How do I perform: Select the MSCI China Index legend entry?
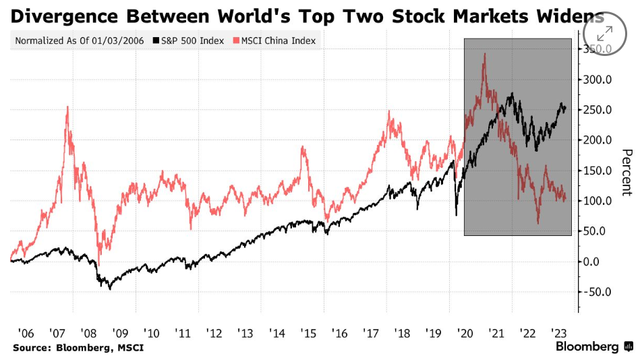[x=275, y=40]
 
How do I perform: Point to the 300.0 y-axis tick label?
[x=597, y=80]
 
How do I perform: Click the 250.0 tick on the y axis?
[x=597, y=110]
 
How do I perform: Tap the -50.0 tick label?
[x=597, y=292]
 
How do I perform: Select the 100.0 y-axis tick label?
[x=597, y=201]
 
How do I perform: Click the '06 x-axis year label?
[x=26, y=333]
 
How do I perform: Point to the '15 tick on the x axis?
[x=308, y=333]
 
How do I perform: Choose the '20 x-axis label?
[x=465, y=333]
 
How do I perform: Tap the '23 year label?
[x=558, y=333]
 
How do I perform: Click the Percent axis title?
[x=627, y=173]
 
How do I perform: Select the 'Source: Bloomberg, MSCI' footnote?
[x=78, y=348]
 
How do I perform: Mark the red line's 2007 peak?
[x=67, y=107]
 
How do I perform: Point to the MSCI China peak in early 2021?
[x=485, y=54]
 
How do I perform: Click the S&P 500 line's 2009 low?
[x=110, y=289]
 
